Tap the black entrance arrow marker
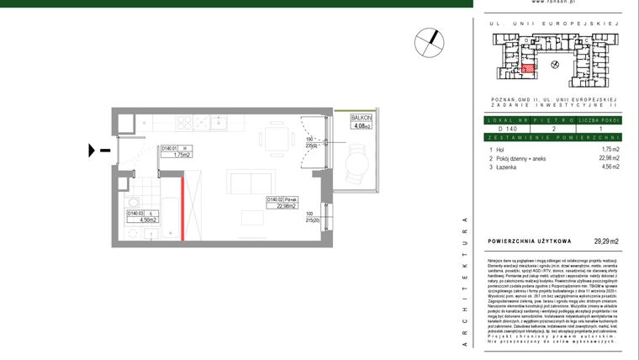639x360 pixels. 95,151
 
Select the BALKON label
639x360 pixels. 362,120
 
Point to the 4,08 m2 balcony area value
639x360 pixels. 362,128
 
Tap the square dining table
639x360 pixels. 275,135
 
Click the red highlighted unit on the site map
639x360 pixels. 528,70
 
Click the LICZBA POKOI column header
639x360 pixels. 600,120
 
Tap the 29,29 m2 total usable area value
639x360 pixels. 605,241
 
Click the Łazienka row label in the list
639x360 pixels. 502,167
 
